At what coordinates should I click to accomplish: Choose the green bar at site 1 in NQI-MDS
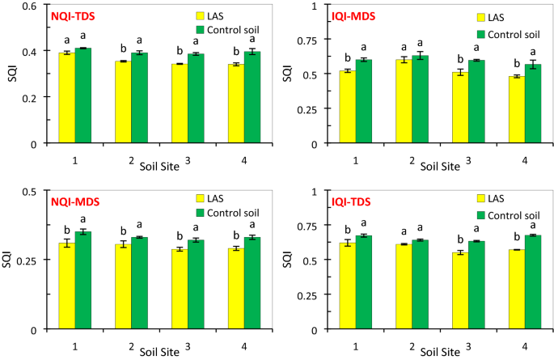coord(82,280)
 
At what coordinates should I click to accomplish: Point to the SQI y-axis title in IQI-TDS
coord(288,259)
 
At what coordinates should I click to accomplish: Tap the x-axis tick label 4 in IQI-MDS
coord(523,162)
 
